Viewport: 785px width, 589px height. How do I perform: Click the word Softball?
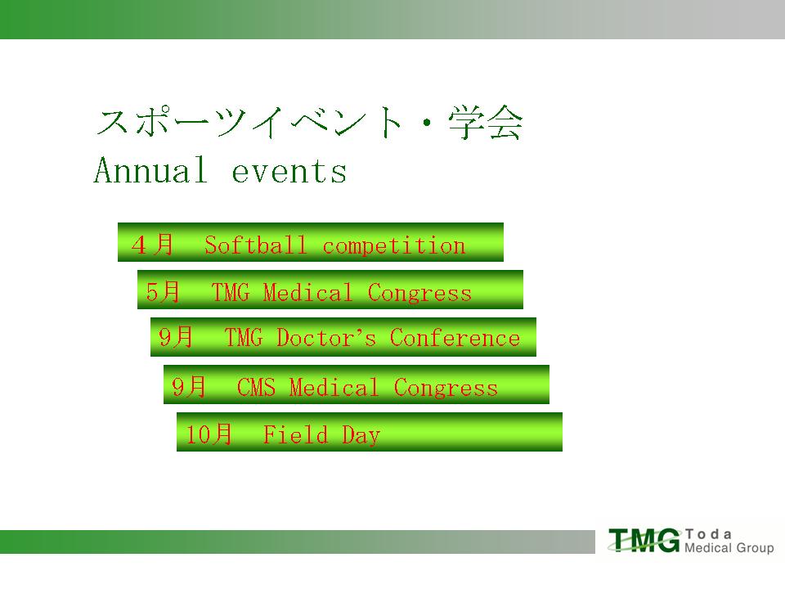255,245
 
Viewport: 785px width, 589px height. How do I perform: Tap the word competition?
394,246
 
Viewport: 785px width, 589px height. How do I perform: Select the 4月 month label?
152,245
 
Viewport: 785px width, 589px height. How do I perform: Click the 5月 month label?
163,291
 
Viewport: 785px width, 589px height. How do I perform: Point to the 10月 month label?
209,434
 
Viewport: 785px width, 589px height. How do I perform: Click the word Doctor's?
326,338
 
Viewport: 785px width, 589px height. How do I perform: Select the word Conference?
455,338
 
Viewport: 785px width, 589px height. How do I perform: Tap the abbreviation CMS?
256,387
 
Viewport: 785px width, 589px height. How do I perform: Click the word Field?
295,434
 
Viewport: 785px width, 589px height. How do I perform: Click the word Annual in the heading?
150,170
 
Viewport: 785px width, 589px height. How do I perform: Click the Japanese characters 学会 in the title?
486,122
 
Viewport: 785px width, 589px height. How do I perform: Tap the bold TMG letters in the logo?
645,541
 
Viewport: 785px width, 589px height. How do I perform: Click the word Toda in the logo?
708,534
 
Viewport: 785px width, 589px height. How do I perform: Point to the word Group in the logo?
756,548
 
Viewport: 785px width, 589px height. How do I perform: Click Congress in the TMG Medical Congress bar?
419,293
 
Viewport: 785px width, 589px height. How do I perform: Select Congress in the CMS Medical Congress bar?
446,388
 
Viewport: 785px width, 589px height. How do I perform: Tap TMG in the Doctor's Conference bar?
244,338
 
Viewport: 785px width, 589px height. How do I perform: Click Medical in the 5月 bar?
308,293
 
